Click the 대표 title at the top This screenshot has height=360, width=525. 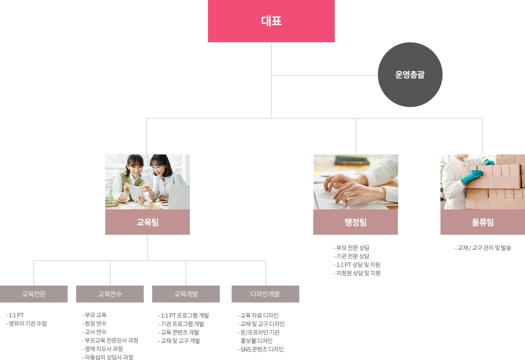click(271, 21)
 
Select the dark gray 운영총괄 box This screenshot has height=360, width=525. click(410, 75)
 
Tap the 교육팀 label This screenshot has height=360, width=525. click(148, 222)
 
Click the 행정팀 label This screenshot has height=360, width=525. click(355, 222)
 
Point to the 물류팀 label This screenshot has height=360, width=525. click(483, 222)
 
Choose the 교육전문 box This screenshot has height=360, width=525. click(34, 294)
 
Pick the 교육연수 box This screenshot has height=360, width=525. click(109, 294)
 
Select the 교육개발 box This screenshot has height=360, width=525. click(186, 294)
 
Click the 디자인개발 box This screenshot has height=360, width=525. click(265, 294)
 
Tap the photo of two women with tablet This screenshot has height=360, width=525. click(147, 181)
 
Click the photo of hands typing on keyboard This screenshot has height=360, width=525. click(355, 181)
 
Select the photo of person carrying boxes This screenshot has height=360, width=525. click(482, 181)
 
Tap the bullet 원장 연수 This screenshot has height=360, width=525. click(96, 324)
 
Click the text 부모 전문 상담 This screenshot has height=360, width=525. click(352, 248)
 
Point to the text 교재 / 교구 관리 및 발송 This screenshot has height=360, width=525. click(484, 248)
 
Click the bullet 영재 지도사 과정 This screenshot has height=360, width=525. click(104, 349)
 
